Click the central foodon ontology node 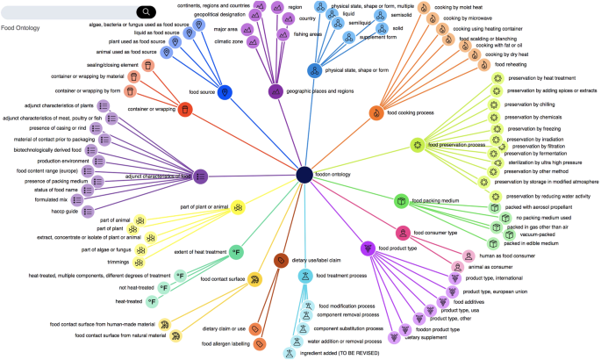tap(304, 176)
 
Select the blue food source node tap(225, 92)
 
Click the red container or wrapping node tap(186, 109)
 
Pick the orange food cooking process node tap(377, 112)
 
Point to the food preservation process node tap(418, 145)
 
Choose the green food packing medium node tap(402, 201)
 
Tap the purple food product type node tap(368, 248)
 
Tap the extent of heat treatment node tap(236, 252)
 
